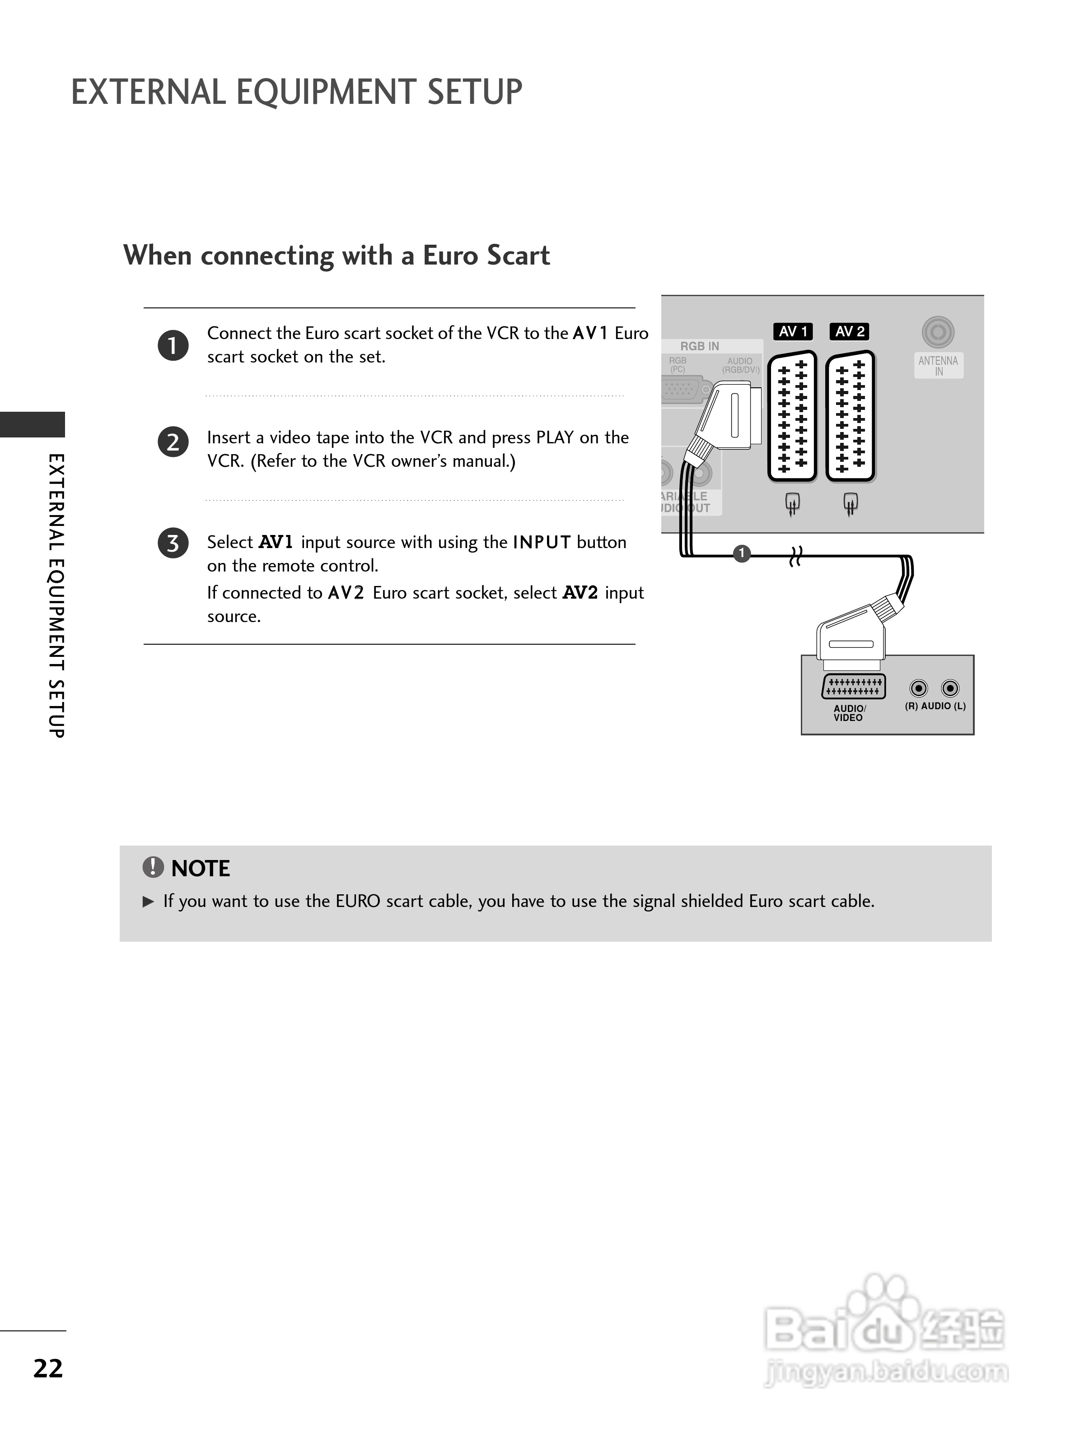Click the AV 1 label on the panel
click(793, 331)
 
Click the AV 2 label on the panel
click(849, 331)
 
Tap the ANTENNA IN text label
click(938, 366)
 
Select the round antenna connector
click(938, 332)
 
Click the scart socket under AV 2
click(850, 416)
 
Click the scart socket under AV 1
click(792, 416)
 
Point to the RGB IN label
click(699, 346)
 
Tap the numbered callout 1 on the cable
click(742, 553)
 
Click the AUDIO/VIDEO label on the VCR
click(849, 713)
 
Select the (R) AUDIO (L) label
click(935, 706)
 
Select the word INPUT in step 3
click(542, 543)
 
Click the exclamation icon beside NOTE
click(153, 867)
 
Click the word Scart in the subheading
click(518, 255)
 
